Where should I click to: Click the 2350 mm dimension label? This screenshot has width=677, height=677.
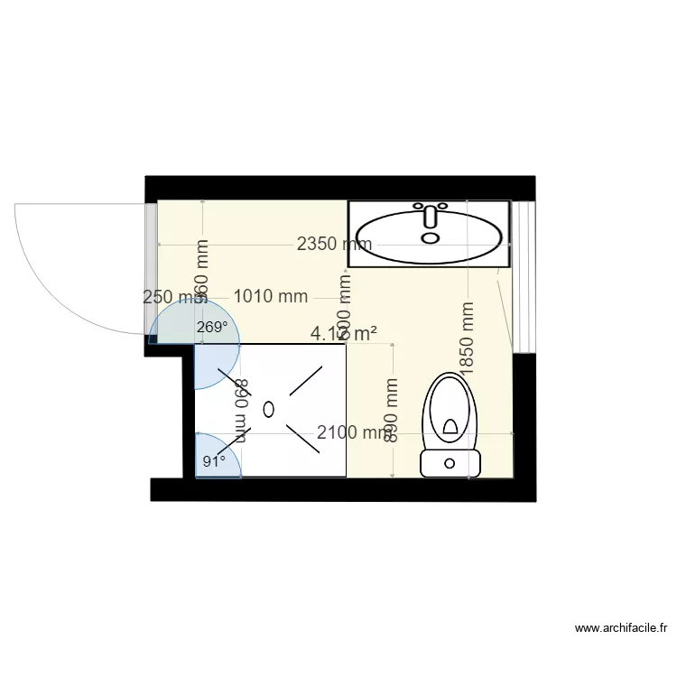pos(335,244)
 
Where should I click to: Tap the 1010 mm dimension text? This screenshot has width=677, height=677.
pos(271,296)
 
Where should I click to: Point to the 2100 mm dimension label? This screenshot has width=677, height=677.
pos(353,433)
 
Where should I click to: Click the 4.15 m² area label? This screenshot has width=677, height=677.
pos(343,334)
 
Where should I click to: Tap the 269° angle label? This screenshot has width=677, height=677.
pos(211,328)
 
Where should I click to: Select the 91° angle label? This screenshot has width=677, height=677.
pos(213,461)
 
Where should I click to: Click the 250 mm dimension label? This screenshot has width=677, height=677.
pos(171,296)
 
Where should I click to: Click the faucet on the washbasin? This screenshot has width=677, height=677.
pos(431,217)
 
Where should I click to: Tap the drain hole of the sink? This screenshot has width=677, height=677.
pos(431,238)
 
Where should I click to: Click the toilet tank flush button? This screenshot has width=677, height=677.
pos(450,464)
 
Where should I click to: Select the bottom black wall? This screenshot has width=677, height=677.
pos(343,489)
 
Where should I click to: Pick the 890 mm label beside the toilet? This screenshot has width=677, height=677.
pos(392,410)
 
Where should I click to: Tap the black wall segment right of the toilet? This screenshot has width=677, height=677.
pos(525,415)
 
